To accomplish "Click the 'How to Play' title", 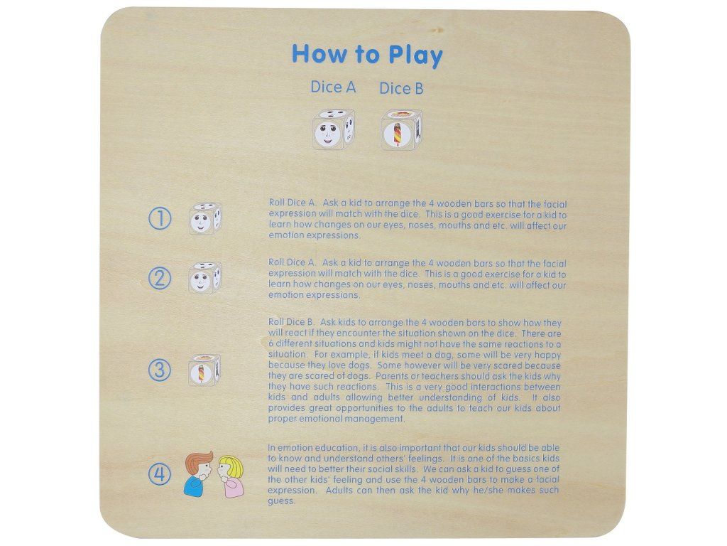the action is coord(367,55).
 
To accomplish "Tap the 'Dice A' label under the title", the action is coord(333,87).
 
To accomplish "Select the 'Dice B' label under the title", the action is coord(401,88).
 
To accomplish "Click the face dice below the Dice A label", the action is coord(334,129).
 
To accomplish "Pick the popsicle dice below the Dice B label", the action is coord(401,129).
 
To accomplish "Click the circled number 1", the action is coord(160,218).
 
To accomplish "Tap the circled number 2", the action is coord(160,278).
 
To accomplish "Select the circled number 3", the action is coord(160,370).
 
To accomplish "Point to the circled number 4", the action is coord(160,474).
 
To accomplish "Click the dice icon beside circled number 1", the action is coord(205,218).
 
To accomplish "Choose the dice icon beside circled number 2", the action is coord(204,278).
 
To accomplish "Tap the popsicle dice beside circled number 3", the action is coord(204,370).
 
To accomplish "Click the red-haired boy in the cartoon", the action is coord(199,473).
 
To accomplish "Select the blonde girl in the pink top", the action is coord(230,476).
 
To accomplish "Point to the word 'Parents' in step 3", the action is coord(392,375).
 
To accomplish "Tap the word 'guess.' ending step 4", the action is coord(281,501).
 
